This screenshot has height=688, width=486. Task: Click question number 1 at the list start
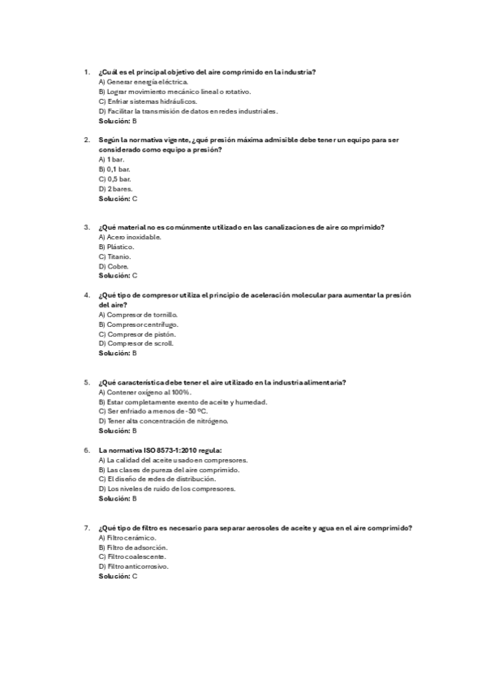(x=87, y=72)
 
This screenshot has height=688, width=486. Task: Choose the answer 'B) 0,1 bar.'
(x=114, y=169)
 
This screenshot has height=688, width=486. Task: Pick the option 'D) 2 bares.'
(x=115, y=188)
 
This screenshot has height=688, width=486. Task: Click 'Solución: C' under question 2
(x=118, y=198)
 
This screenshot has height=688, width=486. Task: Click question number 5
(x=87, y=382)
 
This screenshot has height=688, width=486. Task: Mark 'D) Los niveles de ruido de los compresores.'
(x=166, y=488)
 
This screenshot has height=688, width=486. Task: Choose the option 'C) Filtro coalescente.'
(x=132, y=557)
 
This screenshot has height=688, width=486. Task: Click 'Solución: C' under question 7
(x=118, y=575)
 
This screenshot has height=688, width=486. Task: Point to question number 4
(x=87, y=295)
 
